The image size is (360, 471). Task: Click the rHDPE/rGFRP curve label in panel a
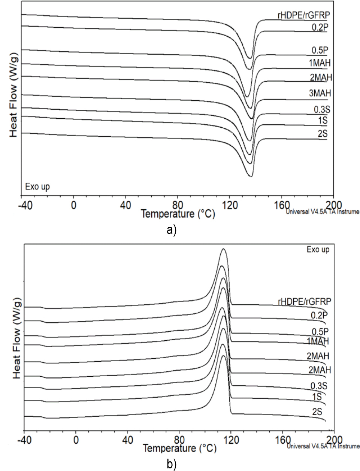click(x=302, y=15)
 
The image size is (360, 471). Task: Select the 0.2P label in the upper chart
click(x=320, y=27)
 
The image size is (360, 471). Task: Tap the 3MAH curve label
click(x=320, y=93)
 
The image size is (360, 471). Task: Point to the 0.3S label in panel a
click(x=321, y=109)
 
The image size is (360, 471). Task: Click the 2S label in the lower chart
click(x=319, y=412)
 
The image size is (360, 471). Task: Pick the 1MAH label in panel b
click(x=317, y=341)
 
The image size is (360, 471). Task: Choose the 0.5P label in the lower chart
click(x=320, y=331)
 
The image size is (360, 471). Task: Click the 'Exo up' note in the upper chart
click(x=37, y=186)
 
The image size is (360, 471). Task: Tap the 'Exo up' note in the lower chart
click(x=318, y=249)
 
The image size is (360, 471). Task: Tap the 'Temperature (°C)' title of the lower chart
click(x=179, y=448)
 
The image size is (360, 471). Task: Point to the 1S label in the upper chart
click(x=323, y=121)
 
